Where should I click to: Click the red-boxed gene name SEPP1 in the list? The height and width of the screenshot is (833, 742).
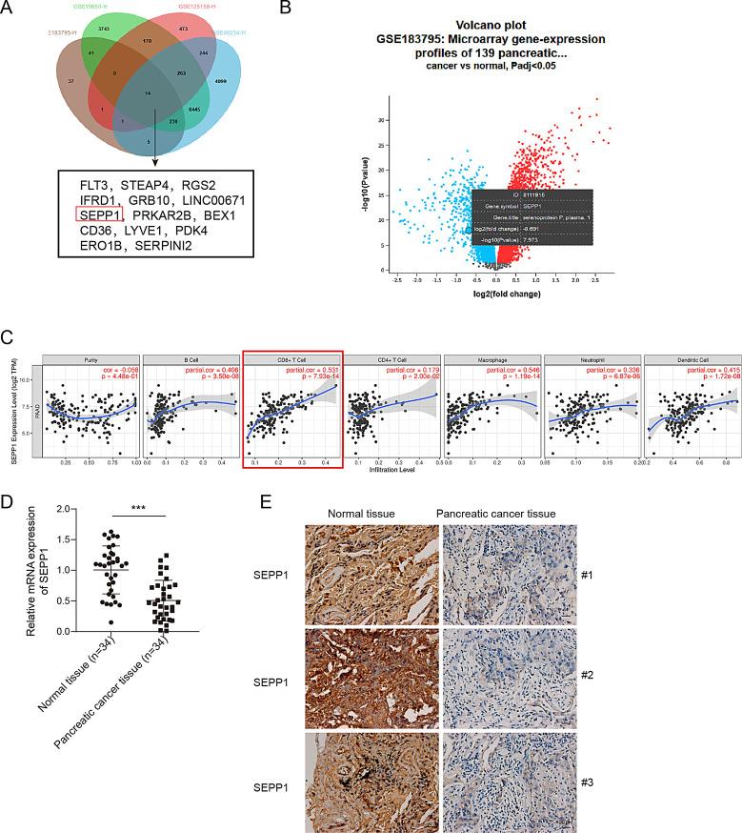[100, 215]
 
